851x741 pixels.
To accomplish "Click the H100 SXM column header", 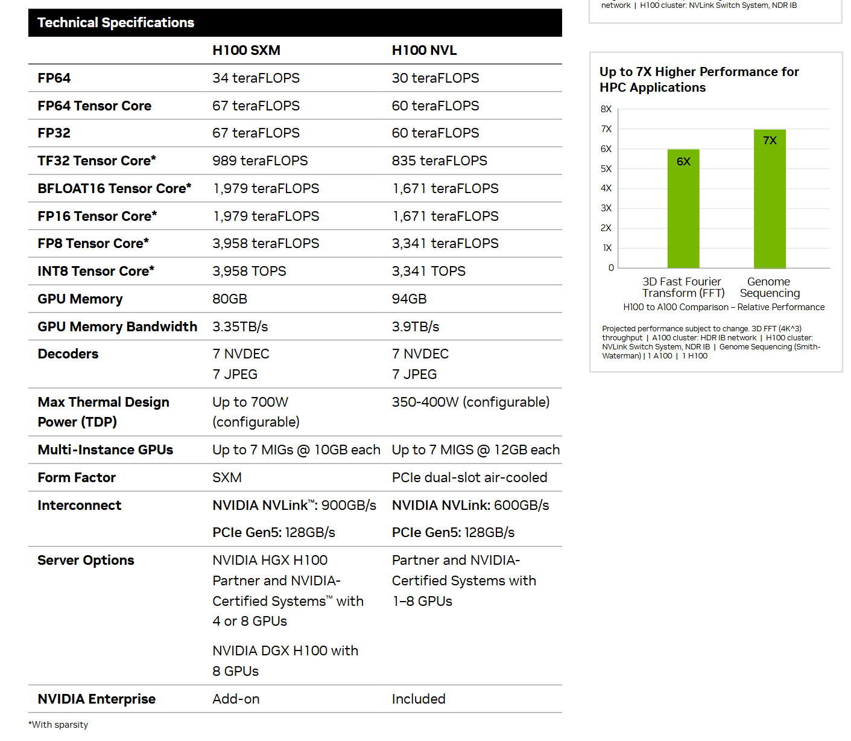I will (x=246, y=51).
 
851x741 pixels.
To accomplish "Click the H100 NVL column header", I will (x=424, y=51).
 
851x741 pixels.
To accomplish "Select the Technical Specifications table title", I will (x=116, y=23).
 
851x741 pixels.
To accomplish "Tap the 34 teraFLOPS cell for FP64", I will (x=256, y=78).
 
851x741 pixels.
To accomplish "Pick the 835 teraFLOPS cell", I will (x=439, y=161).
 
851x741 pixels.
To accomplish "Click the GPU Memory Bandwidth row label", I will (x=117, y=326).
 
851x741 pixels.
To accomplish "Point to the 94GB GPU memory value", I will (x=409, y=299).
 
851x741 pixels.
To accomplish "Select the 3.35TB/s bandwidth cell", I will (x=240, y=326).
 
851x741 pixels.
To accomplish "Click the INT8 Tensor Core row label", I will (x=96, y=272).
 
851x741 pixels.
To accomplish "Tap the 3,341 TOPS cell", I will (x=428, y=272).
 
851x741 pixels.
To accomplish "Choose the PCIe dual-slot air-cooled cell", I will (x=469, y=478).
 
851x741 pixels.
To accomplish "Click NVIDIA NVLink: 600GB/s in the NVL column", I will (x=470, y=506).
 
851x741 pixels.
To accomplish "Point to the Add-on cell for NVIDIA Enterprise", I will (x=236, y=699).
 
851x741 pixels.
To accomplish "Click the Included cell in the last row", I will (x=419, y=699).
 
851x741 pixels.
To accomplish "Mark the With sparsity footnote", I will (x=59, y=725).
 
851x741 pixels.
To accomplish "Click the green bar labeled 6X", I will (x=683, y=208).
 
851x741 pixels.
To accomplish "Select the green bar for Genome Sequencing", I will (x=770, y=199).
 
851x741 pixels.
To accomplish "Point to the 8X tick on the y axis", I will (x=606, y=109).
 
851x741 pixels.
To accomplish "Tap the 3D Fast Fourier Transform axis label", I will (x=683, y=287).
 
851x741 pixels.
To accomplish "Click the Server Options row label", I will (x=86, y=561).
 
